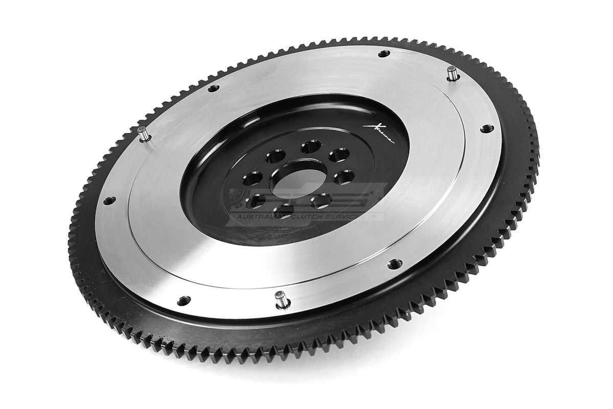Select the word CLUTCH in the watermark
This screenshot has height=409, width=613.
tap(327, 217)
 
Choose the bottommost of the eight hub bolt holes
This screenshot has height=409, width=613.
tap(284, 209)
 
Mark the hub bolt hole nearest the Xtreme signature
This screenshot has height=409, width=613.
tap(340, 154)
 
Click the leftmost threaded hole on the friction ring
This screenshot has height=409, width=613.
tap(108, 201)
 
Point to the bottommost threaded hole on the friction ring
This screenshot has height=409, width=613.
tap(185, 298)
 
